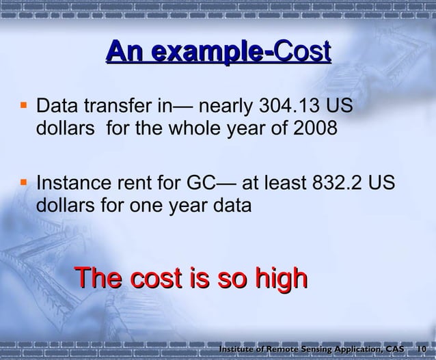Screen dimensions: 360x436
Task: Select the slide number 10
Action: click(422, 349)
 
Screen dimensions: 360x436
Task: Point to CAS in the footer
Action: click(394, 349)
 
